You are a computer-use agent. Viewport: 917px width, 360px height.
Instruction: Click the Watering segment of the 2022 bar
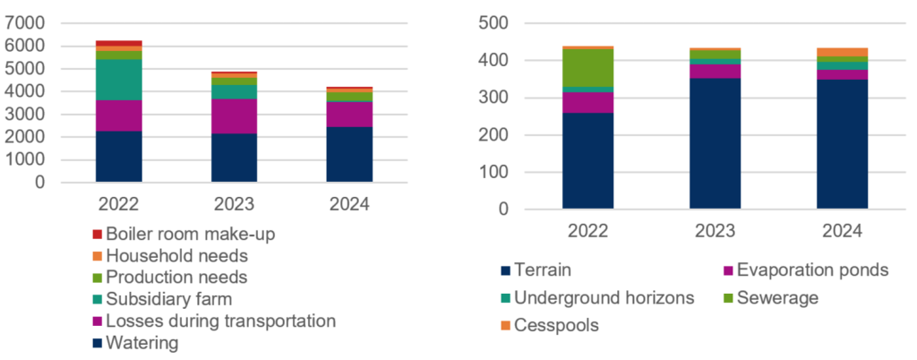point(119,157)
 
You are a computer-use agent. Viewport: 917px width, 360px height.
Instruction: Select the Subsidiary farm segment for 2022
point(119,80)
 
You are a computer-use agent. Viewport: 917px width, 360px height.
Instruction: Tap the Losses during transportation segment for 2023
point(233,116)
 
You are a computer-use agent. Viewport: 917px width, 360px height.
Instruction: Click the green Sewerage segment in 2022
point(588,68)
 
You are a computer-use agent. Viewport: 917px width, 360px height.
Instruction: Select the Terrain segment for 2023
point(715,143)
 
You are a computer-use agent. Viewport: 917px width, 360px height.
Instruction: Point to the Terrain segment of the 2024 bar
point(842,144)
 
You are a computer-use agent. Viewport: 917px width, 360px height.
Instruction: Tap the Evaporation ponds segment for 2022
point(588,102)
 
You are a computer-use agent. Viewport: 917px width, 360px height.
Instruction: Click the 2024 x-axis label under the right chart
point(842,230)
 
